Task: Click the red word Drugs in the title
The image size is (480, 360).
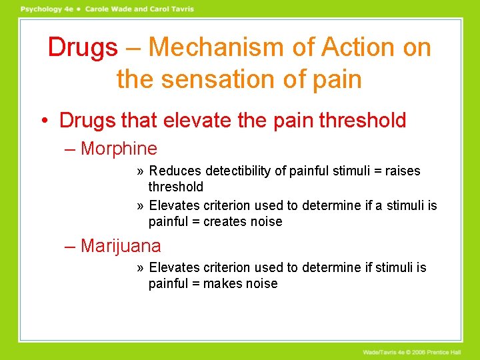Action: (x=83, y=47)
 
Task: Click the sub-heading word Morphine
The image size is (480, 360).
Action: (x=119, y=149)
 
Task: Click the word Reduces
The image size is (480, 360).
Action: (x=175, y=171)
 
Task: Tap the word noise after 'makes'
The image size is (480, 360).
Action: (x=262, y=284)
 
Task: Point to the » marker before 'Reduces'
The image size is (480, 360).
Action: (x=140, y=171)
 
